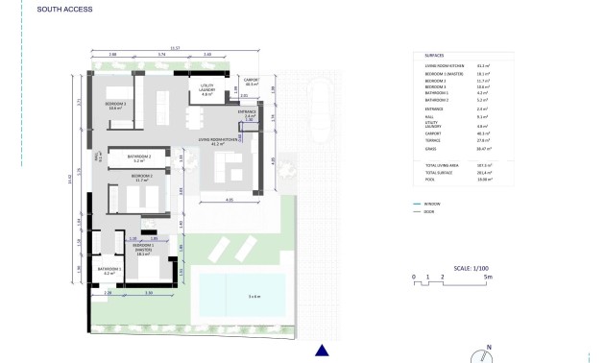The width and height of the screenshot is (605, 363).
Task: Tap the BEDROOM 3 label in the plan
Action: pyautogui.click(x=117, y=106)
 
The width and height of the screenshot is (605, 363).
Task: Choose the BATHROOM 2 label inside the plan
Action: pyautogui.click(x=140, y=157)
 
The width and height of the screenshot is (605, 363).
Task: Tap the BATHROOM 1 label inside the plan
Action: pyautogui.click(x=110, y=270)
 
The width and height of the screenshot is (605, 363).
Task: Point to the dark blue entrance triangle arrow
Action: pyautogui.click(x=323, y=350)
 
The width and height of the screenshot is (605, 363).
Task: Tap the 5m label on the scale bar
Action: pyautogui.click(x=488, y=276)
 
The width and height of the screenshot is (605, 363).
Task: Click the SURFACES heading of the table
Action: pyautogui.click(x=434, y=56)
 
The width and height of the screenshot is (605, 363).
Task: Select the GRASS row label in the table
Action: pyautogui.click(x=429, y=149)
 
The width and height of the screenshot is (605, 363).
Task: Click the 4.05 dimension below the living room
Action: pyautogui.click(x=230, y=199)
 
